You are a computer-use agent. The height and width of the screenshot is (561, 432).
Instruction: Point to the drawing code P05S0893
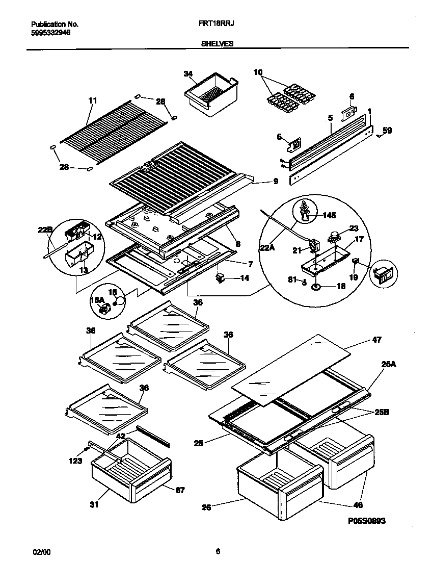tap(367, 521)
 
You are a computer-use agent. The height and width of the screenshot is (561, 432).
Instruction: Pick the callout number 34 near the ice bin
tap(188, 74)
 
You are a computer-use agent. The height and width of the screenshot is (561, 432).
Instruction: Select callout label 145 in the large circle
tap(329, 216)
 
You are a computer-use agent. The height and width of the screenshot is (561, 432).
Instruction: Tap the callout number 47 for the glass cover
tap(376, 339)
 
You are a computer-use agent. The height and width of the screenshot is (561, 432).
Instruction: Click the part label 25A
tap(388, 364)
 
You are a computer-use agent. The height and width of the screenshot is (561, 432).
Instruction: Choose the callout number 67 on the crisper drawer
tap(180, 490)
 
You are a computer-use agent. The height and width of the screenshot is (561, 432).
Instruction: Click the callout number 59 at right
tap(387, 131)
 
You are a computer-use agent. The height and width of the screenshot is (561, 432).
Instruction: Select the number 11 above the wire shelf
tap(92, 101)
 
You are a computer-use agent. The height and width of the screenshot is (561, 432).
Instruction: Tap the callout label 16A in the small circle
tap(97, 301)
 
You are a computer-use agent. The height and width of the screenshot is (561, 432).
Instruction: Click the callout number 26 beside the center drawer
tap(206, 507)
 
